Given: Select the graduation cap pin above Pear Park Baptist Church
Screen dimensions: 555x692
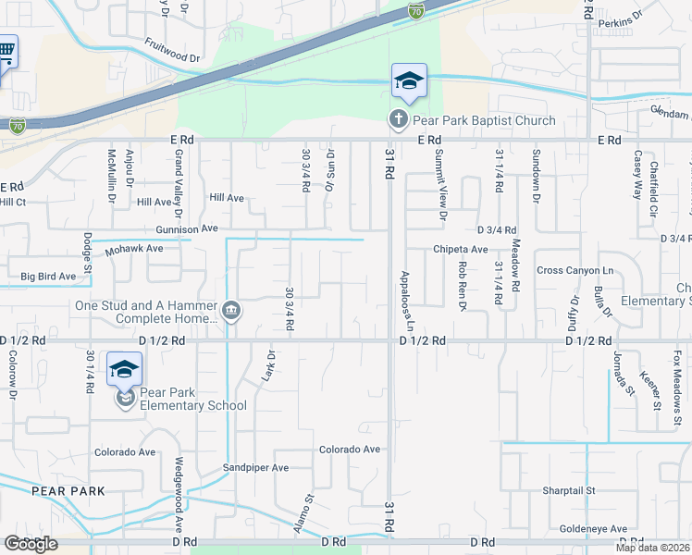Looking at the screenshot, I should point(408,82).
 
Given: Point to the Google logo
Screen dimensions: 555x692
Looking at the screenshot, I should point(31,544).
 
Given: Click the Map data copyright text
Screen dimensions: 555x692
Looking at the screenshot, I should point(653,548).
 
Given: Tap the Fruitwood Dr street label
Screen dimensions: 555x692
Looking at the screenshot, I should point(172,50).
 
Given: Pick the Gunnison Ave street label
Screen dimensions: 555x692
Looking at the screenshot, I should point(186,228).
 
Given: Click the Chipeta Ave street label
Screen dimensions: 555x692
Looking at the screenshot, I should point(460,250).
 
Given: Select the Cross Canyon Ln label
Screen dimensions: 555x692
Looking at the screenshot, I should point(575,270).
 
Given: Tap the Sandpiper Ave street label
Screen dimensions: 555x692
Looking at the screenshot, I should point(255,468).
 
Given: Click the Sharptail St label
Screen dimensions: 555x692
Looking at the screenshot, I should point(568,490).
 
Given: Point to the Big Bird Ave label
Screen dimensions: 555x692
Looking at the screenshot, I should point(48,276).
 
